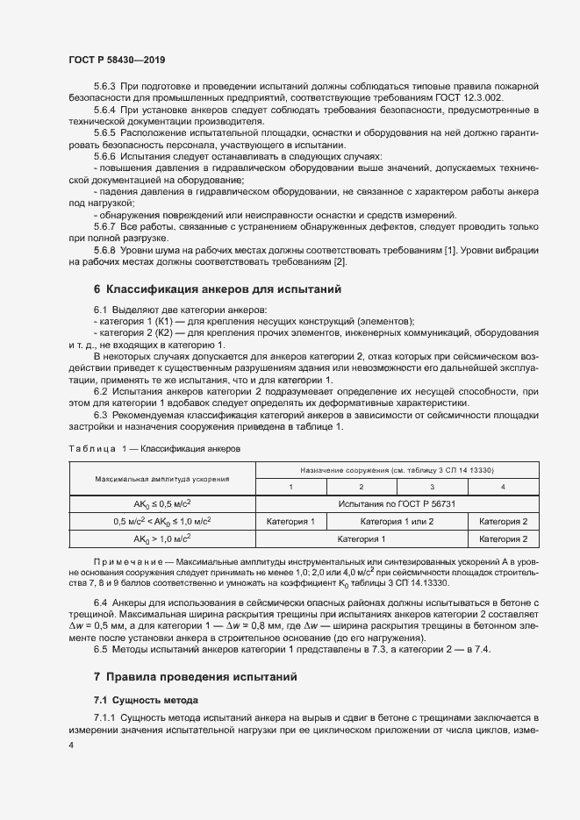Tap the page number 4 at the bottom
[71, 744]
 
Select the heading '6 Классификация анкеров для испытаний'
[217, 289]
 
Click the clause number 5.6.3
[104, 86]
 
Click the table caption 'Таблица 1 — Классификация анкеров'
[154, 448]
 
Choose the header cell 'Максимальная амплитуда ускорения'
[161, 479]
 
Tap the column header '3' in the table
[431, 487]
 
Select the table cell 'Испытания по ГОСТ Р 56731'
[403, 503]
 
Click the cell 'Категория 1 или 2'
[396, 521]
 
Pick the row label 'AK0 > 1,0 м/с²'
[161, 538]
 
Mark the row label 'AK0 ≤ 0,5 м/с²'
[161, 503]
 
